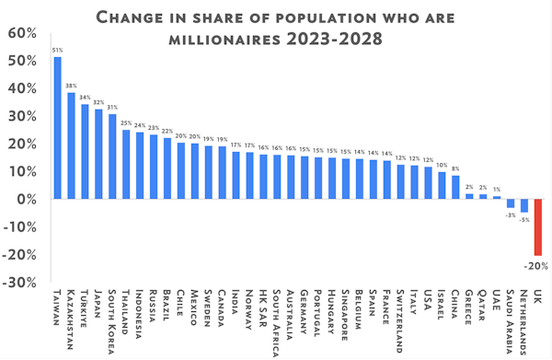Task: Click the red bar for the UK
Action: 538,226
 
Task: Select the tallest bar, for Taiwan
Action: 57,128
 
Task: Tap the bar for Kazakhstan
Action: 71,145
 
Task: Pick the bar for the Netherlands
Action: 524,205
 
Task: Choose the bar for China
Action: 455,187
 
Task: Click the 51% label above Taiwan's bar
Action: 57,50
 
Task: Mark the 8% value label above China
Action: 455,168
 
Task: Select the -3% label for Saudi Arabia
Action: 509,215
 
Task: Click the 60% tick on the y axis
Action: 20,33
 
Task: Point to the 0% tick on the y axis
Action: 24,199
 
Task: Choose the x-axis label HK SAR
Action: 263,309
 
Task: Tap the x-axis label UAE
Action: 497,303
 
